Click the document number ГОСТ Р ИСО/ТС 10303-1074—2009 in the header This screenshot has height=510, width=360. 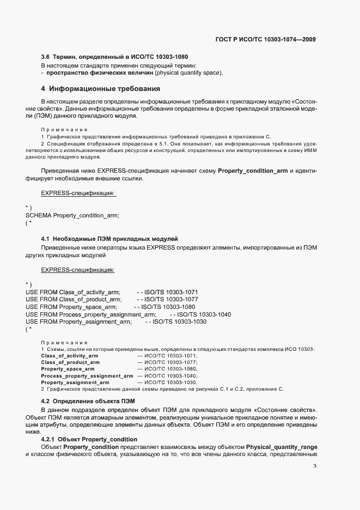click(265, 39)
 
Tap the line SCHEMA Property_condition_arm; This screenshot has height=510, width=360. click(72, 215)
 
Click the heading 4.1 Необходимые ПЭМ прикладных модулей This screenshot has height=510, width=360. click(109, 239)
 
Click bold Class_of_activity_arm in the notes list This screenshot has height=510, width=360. click(70, 355)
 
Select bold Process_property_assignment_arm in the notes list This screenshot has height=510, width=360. click(87, 376)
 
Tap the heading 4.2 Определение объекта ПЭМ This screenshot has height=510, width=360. click(88, 402)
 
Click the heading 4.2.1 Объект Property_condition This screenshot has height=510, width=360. click(89, 439)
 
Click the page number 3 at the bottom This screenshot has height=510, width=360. click(315, 465)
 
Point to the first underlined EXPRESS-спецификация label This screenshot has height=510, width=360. click(78, 193)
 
